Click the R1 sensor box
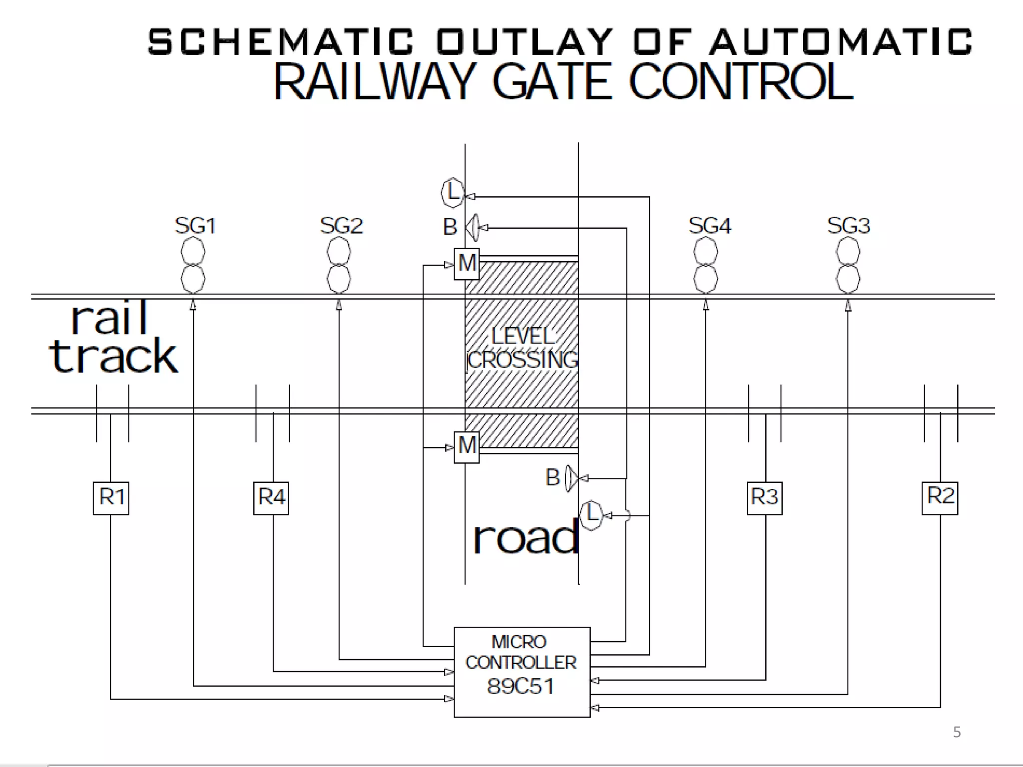(x=111, y=498)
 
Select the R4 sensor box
(x=271, y=498)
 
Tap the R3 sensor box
(x=764, y=498)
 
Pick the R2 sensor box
(x=940, y=497)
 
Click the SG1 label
(x=195, y=226)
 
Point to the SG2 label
(x=341, y=226)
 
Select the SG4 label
(x=709, y=226)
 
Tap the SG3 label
(x=848, y=226)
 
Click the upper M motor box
(x=467, y=264)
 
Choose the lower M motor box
(x=467, y=446)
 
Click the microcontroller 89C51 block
(x=521, y=672)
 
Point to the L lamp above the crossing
(x=453, y=193)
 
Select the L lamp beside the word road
(x=592, y=514)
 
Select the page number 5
(x=957, y=732)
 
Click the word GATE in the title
(x=552, y=82)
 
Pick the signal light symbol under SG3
(x=848, y=265)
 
